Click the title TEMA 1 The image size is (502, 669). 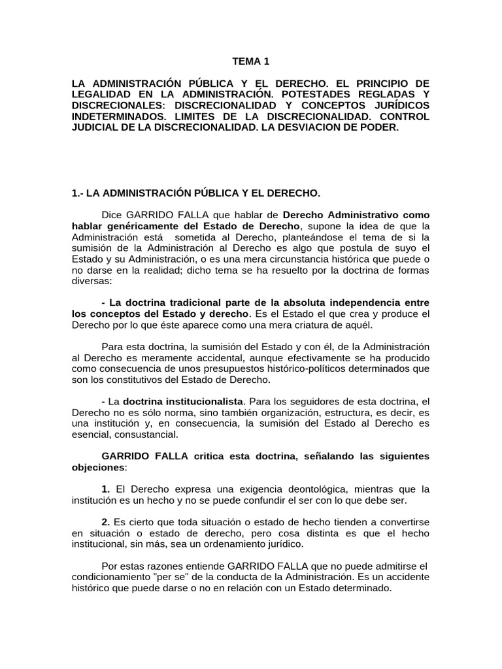[250, 61]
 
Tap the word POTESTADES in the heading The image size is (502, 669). [320, 95]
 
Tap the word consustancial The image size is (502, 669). [139, 434]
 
